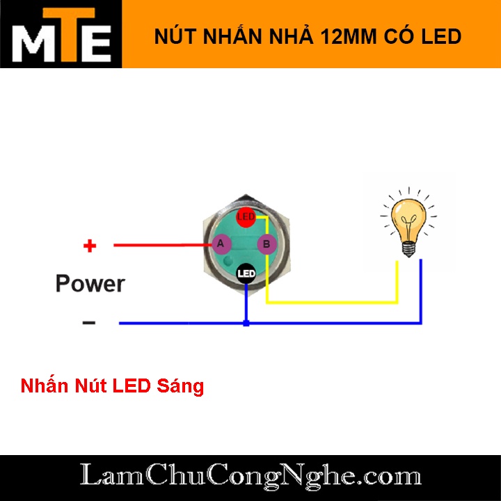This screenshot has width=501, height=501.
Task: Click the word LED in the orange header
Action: (x=441, y=36)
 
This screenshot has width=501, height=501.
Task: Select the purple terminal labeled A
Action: (x=221, y=244)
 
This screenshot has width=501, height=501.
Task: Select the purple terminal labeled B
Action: (x=267, y=244)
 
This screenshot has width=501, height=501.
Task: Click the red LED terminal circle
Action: (x=246, y=217)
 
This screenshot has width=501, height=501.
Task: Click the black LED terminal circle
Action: (x=246, y=273)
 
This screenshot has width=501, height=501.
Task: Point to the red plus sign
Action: (x=89, y=246)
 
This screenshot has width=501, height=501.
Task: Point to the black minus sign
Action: (x=88, y=323)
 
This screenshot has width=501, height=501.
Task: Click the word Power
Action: (x=90, y=284)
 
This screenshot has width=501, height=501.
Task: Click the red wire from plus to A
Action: (x=160, y=245)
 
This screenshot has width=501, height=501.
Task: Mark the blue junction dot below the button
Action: (x=246, y=323)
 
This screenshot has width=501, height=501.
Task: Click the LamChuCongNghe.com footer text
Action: (x=250, y=477)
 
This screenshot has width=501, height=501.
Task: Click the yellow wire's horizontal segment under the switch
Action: (x=331, y=303)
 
